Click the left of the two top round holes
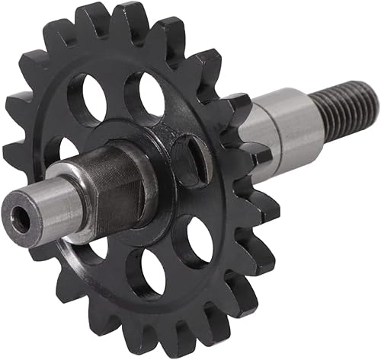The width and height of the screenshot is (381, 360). pos(87,98)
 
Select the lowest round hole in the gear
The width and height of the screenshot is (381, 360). pos(146,272)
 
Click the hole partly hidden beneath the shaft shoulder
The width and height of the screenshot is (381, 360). pos(95,247)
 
